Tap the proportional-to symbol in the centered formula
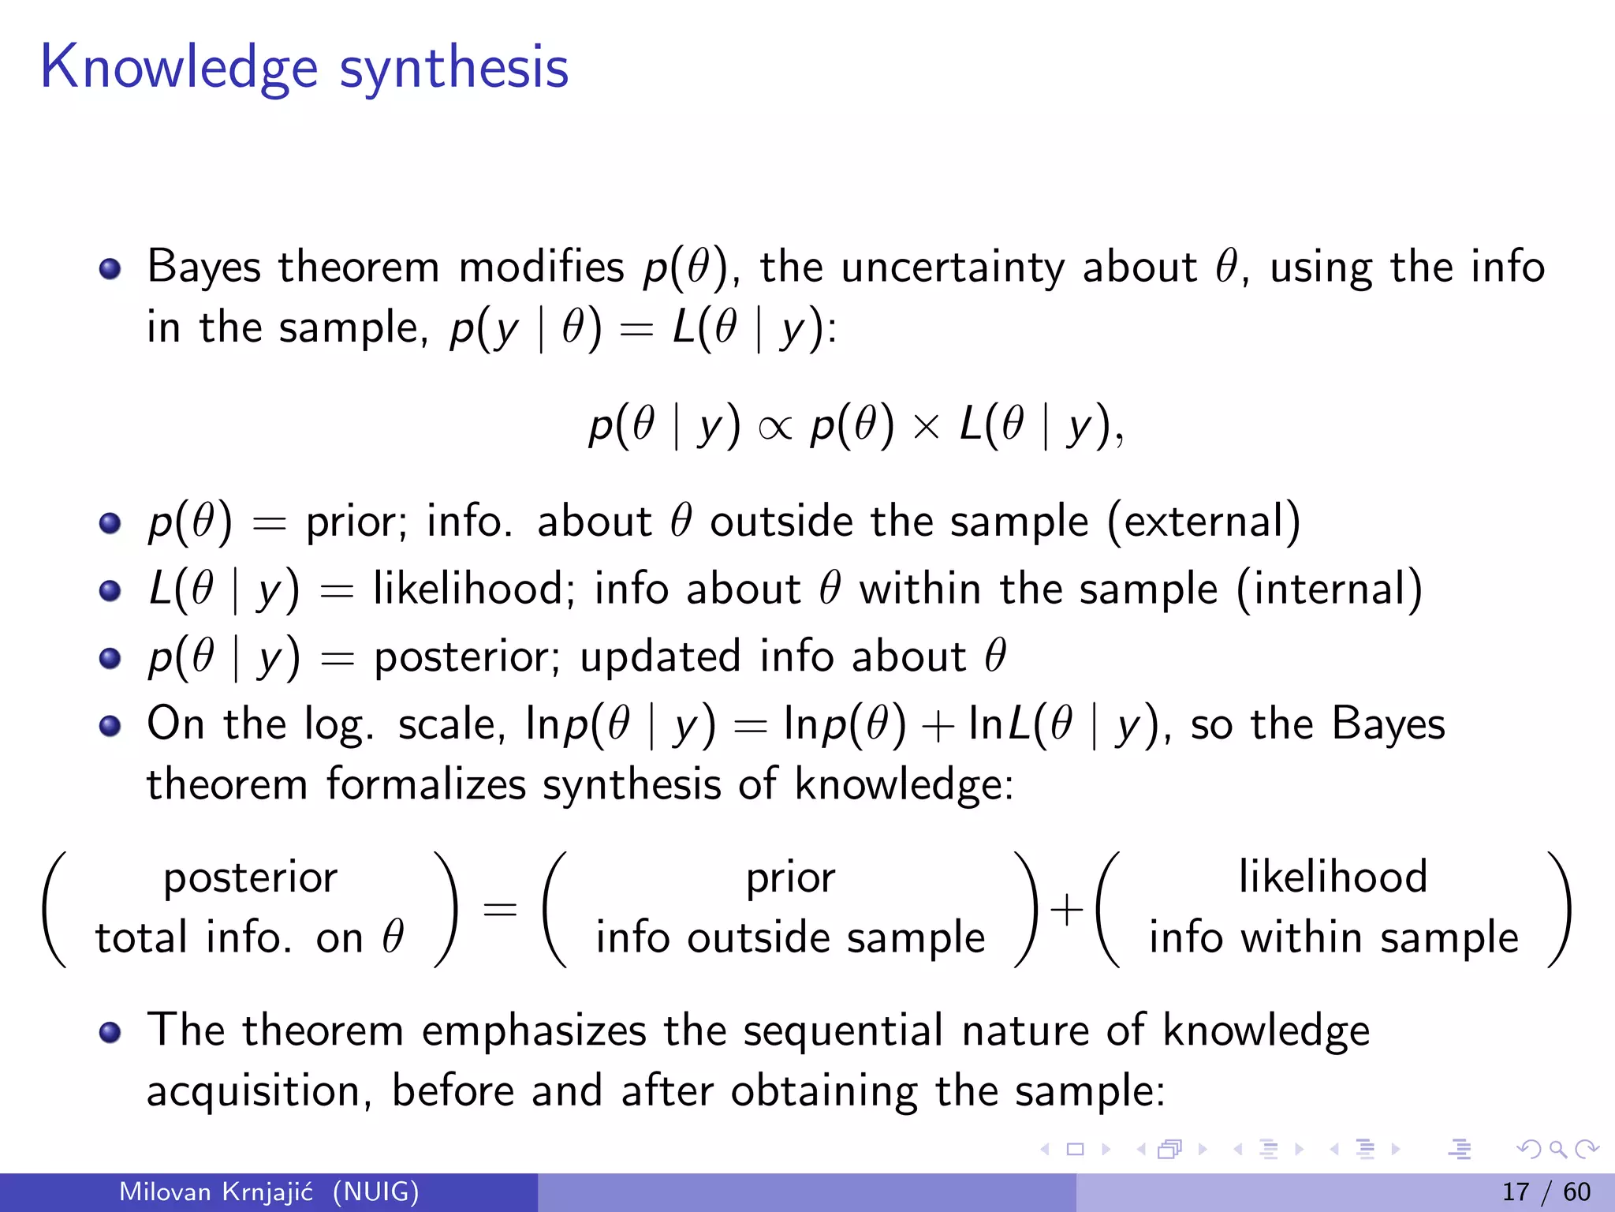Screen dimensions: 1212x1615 [x=774, y=428]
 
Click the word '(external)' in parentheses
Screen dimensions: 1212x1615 [x=1204, y=522]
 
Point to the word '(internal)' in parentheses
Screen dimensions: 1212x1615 [x=1330, y=589]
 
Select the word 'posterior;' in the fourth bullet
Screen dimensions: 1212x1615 [x=467, y=657]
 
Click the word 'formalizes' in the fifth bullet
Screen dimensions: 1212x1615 [x=426, y=785]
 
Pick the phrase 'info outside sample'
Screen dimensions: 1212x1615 [x=790, y=938]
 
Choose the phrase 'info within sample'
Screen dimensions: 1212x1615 [x=1333, y=938]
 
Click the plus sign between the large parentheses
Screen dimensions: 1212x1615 [x=1067, y=909]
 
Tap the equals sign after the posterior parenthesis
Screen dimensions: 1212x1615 [x=500, y=909]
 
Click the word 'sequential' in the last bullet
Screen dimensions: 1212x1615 [x=842, y=1031]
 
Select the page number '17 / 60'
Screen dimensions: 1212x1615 [x=1546, y=1191]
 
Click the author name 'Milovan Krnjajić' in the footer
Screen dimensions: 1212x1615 [x=215, y=1191]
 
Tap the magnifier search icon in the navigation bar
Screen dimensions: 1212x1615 [x=1557, y=1150]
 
